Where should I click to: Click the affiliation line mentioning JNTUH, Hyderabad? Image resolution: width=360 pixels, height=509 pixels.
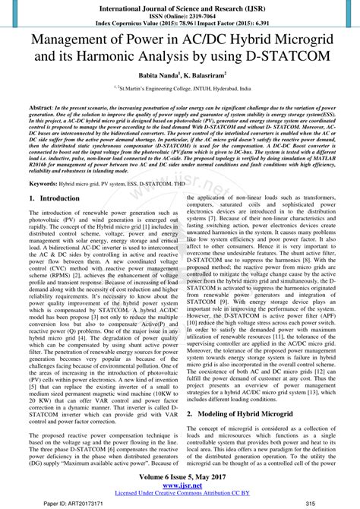coord(180,89)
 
